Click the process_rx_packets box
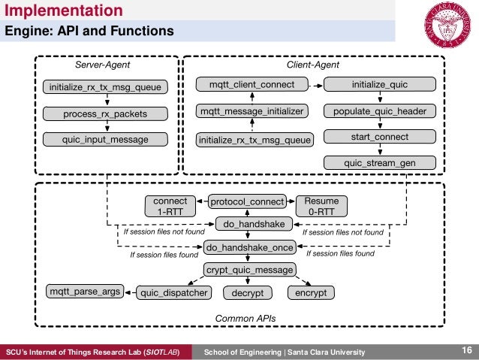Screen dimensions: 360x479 tap(105, 114)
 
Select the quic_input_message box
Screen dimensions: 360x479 tap(105, 139)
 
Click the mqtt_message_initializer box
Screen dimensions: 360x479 tap(252, 112)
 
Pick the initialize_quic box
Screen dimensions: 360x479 tap(379, 85)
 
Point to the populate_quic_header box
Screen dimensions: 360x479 tap(379, 112)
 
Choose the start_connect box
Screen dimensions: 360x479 tap(379, 137)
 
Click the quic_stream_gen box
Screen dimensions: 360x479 tap(379, 162)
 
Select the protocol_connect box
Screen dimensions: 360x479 tap(247, 201)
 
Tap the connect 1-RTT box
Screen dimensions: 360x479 tap(170, 206)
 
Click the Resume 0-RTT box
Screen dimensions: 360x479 tap(321, 206)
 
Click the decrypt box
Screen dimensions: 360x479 tap(247, 292)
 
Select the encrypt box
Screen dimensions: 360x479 tap(311, 292)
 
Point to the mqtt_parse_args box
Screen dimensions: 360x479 tap(84, 292)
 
